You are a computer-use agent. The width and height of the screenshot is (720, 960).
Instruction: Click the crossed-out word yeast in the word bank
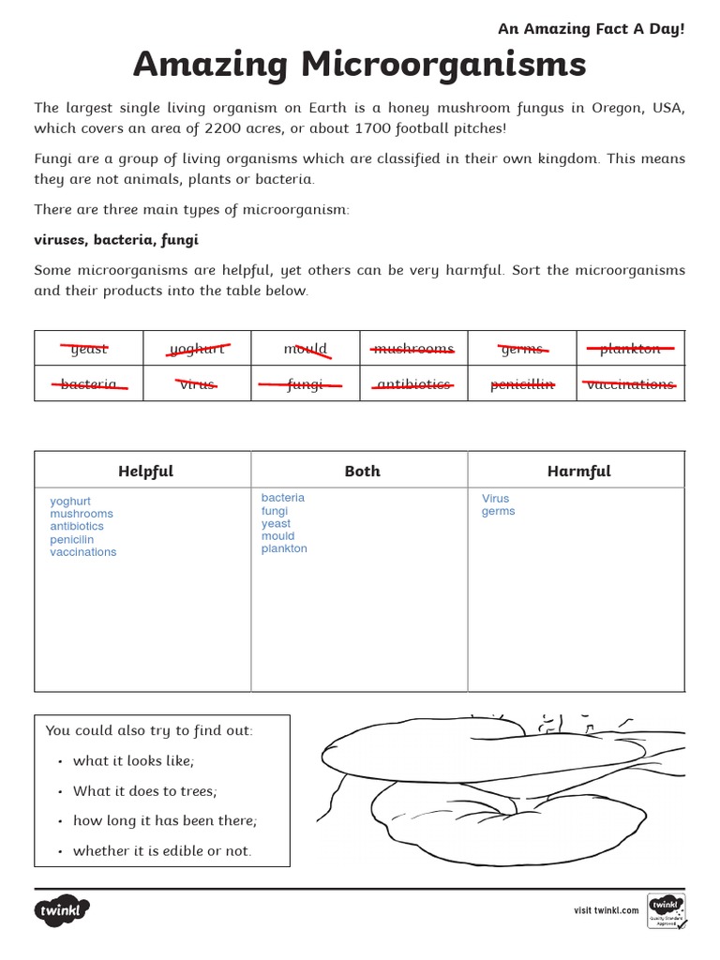tap(89, 349)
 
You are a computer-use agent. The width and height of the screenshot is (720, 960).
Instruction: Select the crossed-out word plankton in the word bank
tap(630, 349)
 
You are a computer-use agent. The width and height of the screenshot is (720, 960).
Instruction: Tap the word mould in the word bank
tap(306, 349)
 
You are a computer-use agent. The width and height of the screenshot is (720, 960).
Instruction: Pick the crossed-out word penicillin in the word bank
tap(522, 384)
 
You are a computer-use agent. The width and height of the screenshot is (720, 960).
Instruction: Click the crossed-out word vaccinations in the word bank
tap(630, 384)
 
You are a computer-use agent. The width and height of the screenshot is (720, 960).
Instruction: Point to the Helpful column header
tap(145, 472)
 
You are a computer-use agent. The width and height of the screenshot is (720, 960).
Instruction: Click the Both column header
tap(362, 472)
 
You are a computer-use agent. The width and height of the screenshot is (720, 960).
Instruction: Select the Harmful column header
tap(578, 472)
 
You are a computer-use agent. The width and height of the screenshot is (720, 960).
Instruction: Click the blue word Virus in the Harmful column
tap(496, 499)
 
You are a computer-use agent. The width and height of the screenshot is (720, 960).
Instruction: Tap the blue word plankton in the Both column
tap(284, 548)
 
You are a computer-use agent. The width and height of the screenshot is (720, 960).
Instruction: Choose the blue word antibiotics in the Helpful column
tap(77, 526)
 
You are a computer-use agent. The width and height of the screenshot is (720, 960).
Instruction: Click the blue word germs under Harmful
tap(498, 512)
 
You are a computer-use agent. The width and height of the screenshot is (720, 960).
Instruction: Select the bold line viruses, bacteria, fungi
tap(116, 240)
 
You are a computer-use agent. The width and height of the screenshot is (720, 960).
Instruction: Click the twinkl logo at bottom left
tap(62, 910)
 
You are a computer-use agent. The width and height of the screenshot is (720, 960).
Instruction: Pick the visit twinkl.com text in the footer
tap(606, 910)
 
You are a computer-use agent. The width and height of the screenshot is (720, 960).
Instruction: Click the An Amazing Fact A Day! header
tap(591, 29)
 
